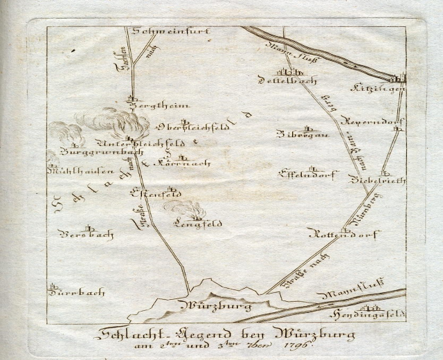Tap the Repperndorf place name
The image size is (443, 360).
[x=376, y=120]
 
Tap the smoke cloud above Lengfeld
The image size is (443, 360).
[x=185, y=208]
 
